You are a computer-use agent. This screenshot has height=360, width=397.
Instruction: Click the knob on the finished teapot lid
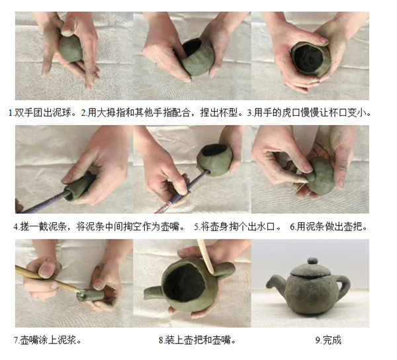point(312,261)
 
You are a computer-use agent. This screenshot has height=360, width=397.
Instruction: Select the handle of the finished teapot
point(343,283)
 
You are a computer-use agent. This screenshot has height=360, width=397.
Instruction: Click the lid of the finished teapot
point(310,269)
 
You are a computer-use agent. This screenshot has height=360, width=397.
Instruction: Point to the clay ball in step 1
point(71,49)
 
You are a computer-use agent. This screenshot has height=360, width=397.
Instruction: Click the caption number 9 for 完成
point(318,340)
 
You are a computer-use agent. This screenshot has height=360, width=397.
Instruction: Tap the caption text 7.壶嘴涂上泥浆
point(48,340)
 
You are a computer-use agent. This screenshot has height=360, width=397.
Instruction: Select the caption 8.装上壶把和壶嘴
point(197,340)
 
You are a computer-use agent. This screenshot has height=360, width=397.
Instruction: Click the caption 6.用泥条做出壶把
point(329,226)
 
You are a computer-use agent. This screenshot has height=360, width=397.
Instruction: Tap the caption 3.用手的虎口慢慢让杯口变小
point(309,112)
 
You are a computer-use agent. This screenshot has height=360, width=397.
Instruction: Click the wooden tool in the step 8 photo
point(206,255)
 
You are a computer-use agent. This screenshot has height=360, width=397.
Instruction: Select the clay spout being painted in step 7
point(90,295)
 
